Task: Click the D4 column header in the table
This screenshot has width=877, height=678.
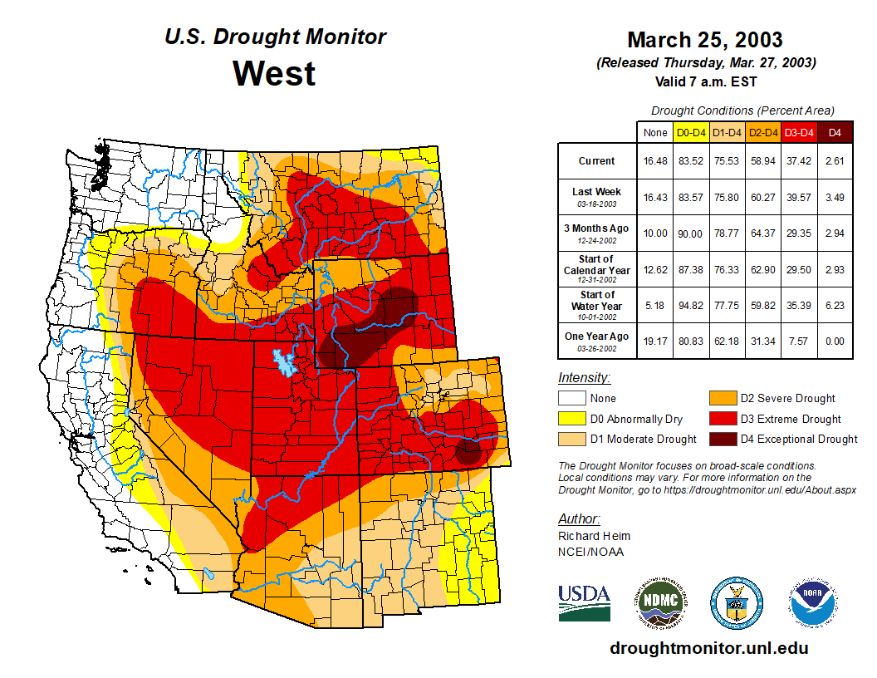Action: pos(835,132)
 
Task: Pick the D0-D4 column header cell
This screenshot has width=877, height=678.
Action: pos(691,132)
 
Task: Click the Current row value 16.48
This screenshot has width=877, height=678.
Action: pos(655,161)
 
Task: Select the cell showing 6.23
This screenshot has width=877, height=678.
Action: pos(835,305)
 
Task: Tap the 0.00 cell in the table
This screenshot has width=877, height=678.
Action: pos(835,341)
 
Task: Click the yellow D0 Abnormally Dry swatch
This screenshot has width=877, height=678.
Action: pos(570,419)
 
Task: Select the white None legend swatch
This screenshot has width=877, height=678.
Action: pos(570,399)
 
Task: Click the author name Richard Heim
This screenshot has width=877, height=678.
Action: pos(594,536)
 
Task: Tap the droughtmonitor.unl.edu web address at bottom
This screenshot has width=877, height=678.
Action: pos(708,648)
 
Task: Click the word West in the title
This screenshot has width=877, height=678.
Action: pos(274,73)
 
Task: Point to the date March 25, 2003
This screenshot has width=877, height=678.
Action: pos(704,40)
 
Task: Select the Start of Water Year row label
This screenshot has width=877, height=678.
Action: pos(596,300)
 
